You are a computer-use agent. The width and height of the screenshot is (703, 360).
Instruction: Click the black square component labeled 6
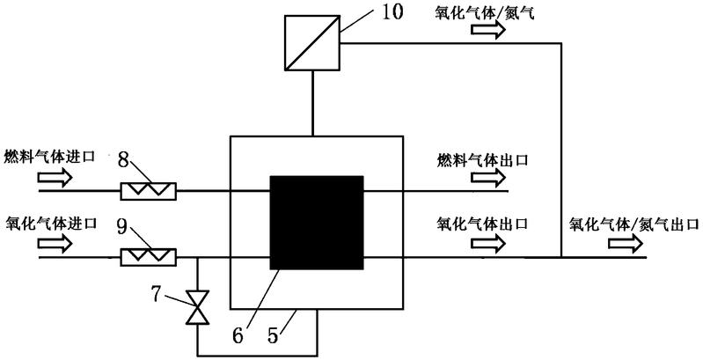316,223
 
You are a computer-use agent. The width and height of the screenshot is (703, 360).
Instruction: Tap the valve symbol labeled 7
196,307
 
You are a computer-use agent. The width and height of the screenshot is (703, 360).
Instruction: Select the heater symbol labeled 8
148,189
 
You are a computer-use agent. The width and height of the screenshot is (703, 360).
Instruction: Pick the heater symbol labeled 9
148,257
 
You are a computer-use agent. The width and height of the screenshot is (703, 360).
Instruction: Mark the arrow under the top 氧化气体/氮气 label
488,30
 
